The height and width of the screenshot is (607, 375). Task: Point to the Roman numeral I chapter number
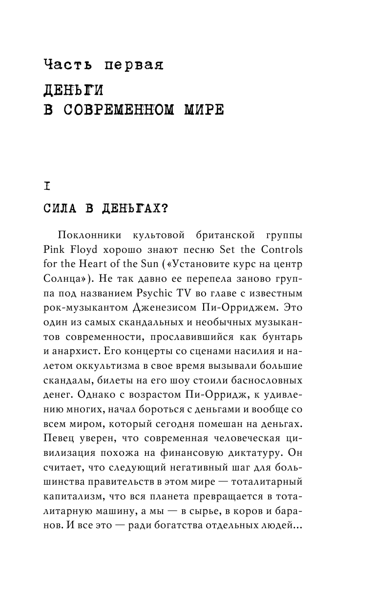coord(47,186)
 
